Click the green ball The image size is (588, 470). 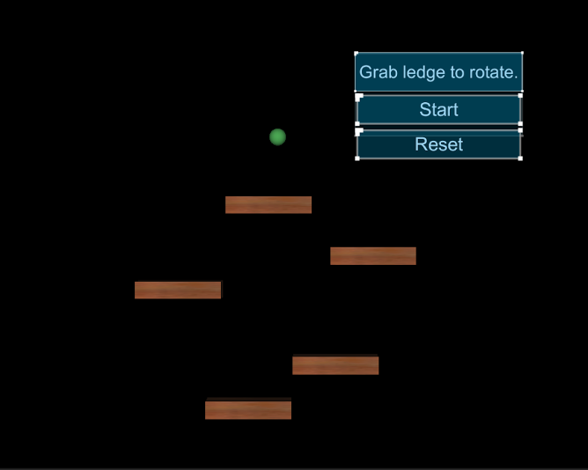pyautogui.click(x=277, y=136)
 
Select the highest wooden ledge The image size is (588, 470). pyautogui.click(x=268, y=205)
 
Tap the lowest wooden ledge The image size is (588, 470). pyautogui.click(x=248, y=410)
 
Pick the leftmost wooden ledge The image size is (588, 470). pyautogui.click(x=178, y=290)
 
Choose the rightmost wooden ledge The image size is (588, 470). pyautogui.click(x=373, y=256)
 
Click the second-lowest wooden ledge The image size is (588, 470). pyautogui.click(x=335, y=365)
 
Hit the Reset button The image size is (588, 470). pyautogui.click(x=438, y=145)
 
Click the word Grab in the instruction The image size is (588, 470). pyautogui.click(x=379, y=72)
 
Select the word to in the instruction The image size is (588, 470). pyautogui.click(x=461, y=72)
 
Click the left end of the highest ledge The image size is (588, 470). pyautogui.click(x=229, y=205)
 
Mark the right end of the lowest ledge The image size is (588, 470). pyautogui.click(x=288, y=410)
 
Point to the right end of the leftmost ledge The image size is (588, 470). pyautogui.click(x=217, y=290)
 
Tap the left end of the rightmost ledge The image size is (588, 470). pyautogui.click(x=334, y=256)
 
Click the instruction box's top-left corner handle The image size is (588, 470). pyautogui.click(x=356, y=54)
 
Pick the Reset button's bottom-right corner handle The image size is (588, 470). pyautogui.click(x=520, y=158)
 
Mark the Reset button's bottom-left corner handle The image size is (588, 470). pyautogui.click(x=357, y=158)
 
